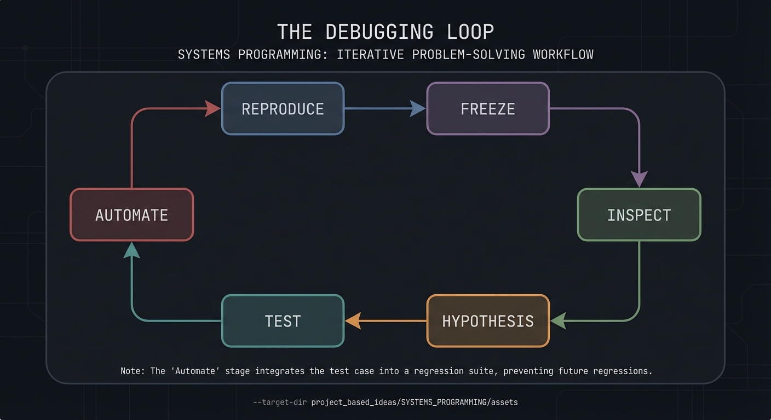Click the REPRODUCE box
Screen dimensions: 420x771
point(283,109)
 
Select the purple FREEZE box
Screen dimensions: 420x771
point(488,109)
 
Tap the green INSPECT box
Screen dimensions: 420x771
point(639,215)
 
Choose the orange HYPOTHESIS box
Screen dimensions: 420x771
point(488,321)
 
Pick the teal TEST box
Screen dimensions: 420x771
point(283,321)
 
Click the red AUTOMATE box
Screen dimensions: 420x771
point(131,215)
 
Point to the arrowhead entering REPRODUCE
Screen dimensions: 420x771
point(212,108)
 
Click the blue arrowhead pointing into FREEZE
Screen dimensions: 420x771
point(418,108)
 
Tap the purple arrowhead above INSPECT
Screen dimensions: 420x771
point(639,179)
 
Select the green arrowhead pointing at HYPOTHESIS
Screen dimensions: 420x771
point(558,321)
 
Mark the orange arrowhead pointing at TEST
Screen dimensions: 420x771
point(353,321)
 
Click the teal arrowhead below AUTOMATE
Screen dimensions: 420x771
point(131,250)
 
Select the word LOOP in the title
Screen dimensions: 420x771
point(470,32)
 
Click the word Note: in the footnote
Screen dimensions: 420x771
point(133,371)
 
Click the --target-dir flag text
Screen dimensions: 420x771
point(279,402)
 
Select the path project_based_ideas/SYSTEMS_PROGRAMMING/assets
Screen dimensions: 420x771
point(414,402)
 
